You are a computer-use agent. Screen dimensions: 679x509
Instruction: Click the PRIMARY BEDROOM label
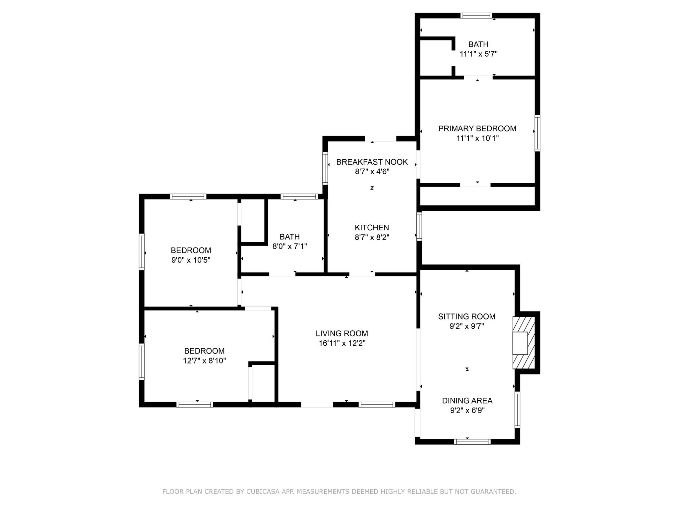(477, 129)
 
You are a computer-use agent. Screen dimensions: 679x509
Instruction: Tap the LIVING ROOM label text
(342, 333)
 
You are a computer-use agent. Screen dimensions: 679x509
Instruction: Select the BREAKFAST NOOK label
(372, 162)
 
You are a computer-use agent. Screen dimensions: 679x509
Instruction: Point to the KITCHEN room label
(372, 228)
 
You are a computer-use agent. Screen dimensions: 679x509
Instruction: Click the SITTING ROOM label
(467, 316)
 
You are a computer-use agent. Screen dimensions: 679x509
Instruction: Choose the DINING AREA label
(467, 401)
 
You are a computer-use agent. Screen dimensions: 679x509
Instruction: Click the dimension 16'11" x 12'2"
(342, 343)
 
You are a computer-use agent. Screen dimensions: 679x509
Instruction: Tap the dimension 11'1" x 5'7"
(478, 54)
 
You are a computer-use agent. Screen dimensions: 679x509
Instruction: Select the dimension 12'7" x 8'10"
(205, 361)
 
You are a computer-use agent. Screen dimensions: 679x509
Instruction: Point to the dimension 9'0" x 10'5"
(191, 260)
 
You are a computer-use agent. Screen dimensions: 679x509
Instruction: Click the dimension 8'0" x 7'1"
(290, 247)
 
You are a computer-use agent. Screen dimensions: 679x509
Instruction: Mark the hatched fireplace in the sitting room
(524, 343)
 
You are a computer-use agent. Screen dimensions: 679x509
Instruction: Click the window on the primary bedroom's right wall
(537, 133)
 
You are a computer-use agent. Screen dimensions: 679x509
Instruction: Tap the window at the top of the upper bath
(476, 16)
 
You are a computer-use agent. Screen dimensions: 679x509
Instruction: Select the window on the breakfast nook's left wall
(325, 168)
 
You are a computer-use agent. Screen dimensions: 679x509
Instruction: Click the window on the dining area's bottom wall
(472, 441)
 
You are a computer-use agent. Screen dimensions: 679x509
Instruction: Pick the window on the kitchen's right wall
(419, 226)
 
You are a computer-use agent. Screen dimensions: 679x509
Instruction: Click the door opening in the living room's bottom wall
(317, 405)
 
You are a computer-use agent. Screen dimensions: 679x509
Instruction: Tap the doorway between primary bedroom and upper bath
(478, 78)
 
